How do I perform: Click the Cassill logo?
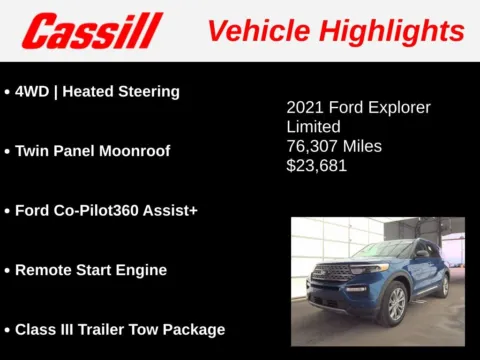click(92, 31)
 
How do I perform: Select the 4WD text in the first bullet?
click(33, 91)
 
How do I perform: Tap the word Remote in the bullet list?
click(43, 270)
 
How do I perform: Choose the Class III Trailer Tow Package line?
click(119, 329)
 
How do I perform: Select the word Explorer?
click(398, 107)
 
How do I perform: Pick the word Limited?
click(313, 127)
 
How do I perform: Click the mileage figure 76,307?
click(314, 147)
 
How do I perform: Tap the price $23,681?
click(316, 166)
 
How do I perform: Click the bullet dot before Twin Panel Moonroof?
click(7, 151)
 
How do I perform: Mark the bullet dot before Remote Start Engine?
click(7, 270)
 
